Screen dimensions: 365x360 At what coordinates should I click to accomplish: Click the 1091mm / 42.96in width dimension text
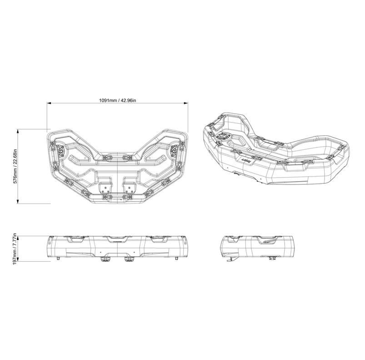pos(118,101)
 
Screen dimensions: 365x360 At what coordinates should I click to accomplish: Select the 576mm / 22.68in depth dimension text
pos(15,166)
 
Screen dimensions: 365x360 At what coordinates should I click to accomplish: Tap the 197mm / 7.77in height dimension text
pos(15,248)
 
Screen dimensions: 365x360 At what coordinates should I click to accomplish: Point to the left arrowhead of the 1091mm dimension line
pos(49,103)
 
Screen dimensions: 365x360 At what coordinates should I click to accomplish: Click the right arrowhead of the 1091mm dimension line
pos(186,103)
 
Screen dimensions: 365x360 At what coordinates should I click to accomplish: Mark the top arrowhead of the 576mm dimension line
pos(18,131)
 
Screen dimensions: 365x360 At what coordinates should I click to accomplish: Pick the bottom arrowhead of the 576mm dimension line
pos(18,202)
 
